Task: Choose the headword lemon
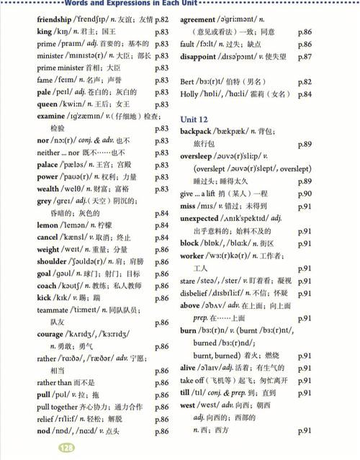[48, 225]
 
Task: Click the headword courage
[50, 334]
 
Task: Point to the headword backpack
[200, 131]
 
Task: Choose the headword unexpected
[206, 218]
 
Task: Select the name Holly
[190, 94]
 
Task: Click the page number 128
[66, 448]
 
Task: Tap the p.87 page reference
[304, 56]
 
